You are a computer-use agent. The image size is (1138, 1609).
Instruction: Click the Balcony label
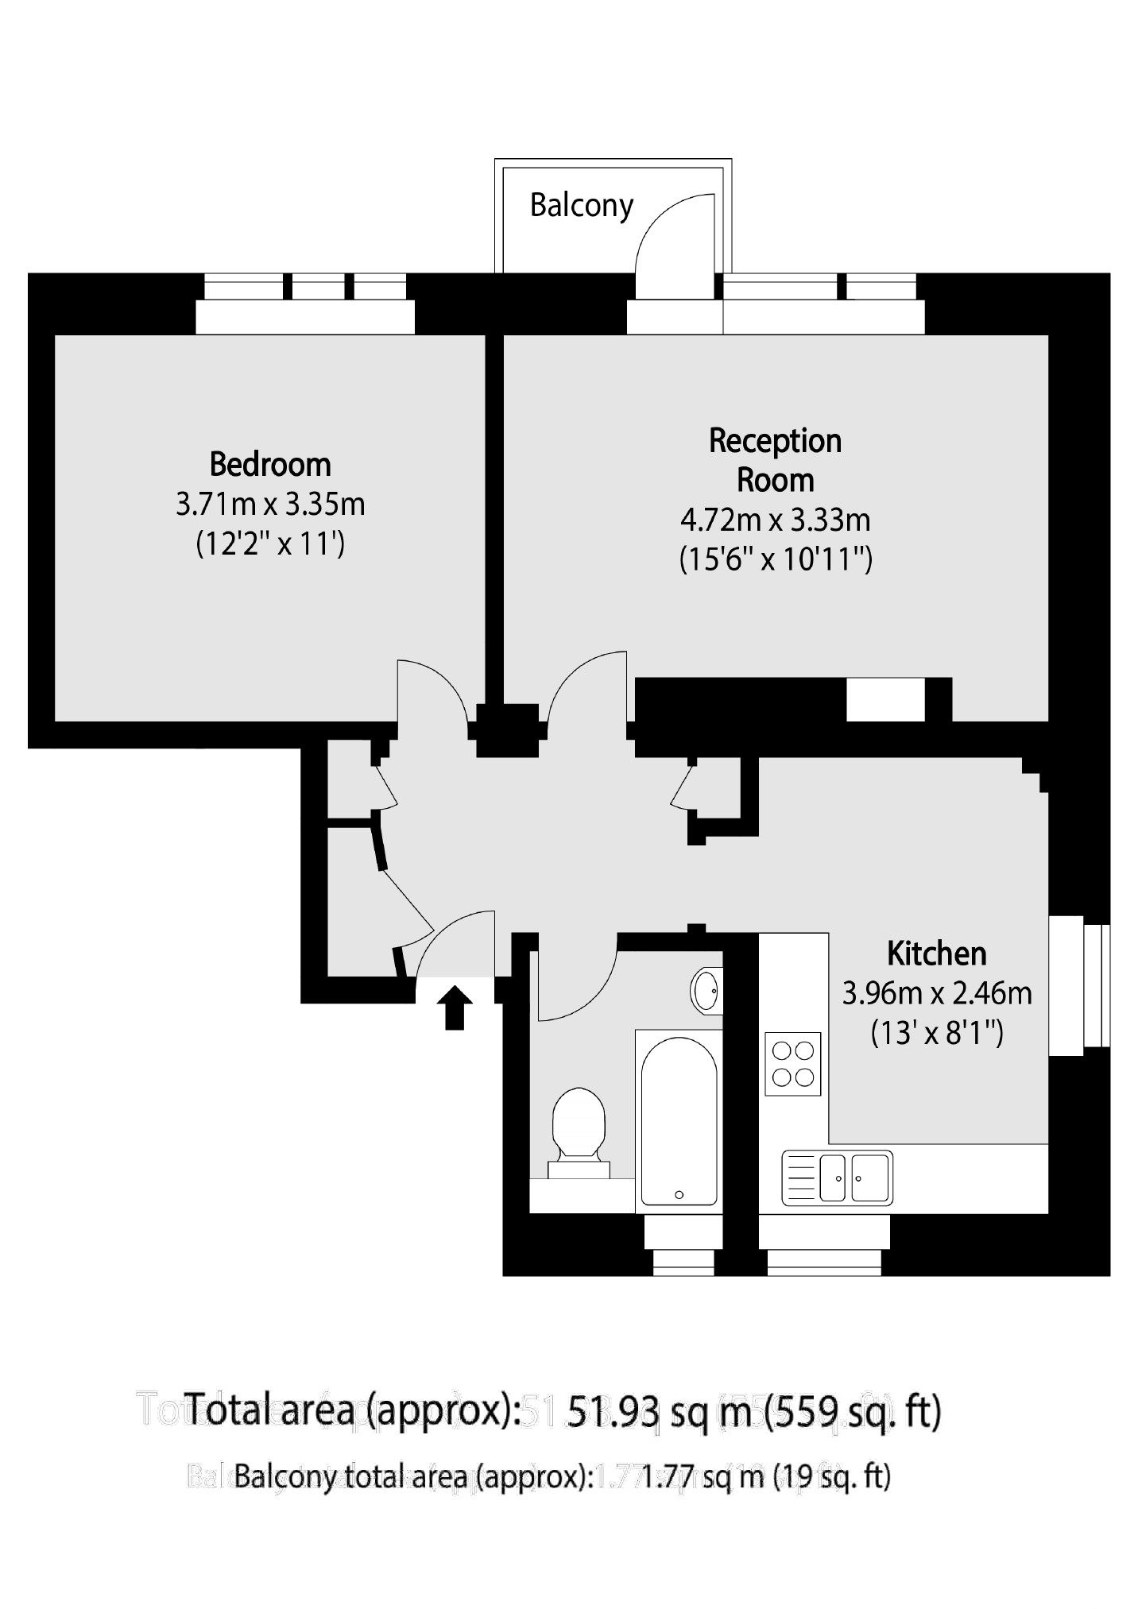point(581,206)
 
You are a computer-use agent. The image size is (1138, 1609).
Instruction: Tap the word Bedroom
point(270,464)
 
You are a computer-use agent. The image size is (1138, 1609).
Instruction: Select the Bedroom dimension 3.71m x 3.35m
point(270,505)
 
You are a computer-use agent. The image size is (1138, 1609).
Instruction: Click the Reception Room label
point(775,460)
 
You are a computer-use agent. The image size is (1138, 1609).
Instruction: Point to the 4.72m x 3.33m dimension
point(775,520)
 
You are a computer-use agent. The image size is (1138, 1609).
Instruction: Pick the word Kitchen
point(936,953)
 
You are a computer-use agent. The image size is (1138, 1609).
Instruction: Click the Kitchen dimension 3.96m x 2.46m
point(936,993)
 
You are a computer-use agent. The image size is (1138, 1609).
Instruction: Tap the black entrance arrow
point(455,1008)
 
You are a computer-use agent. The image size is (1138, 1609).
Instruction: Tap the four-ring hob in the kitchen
point(792,1064)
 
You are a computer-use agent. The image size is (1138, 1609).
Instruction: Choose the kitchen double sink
point(838,1178)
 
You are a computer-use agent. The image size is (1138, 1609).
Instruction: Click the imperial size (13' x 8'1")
point(936,1034)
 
